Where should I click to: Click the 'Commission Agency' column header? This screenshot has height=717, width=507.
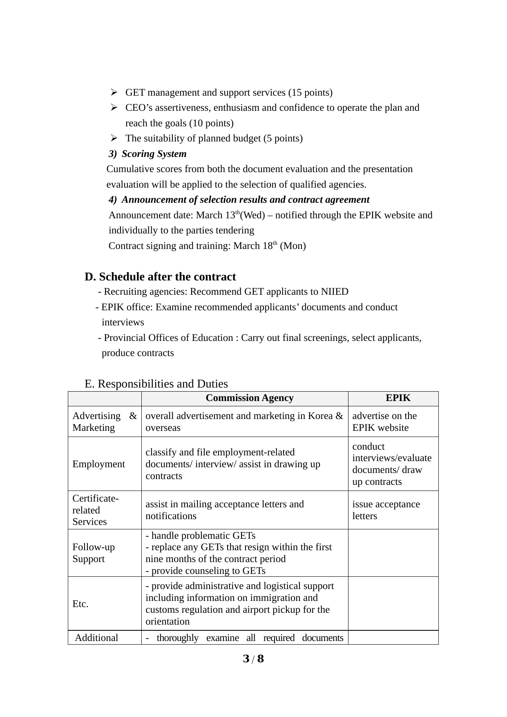pyautogui.click(x=249, y=398)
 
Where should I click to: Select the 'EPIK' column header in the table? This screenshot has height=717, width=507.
pyautogui.click(x=398, y=398)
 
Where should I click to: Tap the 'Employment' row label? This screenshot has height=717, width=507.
pyautogui.click(x=98, y=464)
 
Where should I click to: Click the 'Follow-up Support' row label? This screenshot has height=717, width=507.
pyautogui.click(x=94, y=553)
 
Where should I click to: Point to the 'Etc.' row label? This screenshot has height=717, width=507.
pyautogui.click(x=80, y=604)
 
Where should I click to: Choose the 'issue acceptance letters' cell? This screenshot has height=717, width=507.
pyautogui.click(x=386, y=510)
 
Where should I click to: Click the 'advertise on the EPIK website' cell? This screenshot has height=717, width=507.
pyautogui.click(x=384, y=421)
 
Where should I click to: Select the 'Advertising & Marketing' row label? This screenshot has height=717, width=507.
pyautogui.click(x=104, y=421)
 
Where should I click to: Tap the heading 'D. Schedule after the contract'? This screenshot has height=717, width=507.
pyautogui.click(x=160, y=277)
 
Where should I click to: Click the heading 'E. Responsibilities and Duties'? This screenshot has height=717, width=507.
pyautogui.click(x=156, y=384)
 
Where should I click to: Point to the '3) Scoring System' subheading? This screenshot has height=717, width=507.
pyautogui.click(x=147, y=154)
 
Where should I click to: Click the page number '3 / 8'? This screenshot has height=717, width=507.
pyautogui.click(x=253, y=659)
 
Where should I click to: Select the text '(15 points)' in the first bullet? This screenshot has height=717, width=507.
pyautogui.click(x=310, y=92)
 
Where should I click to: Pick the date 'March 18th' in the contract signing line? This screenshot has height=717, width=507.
pyautogui.click(x=255, y=246)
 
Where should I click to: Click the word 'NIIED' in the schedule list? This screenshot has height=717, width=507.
pyautogui.click(x=335, y=291)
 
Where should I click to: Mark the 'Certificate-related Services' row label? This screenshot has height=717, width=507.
pyautogui.click(x=96, y=510)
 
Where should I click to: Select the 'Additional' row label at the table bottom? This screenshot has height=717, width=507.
pyautogui.click(x=96, y=638)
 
